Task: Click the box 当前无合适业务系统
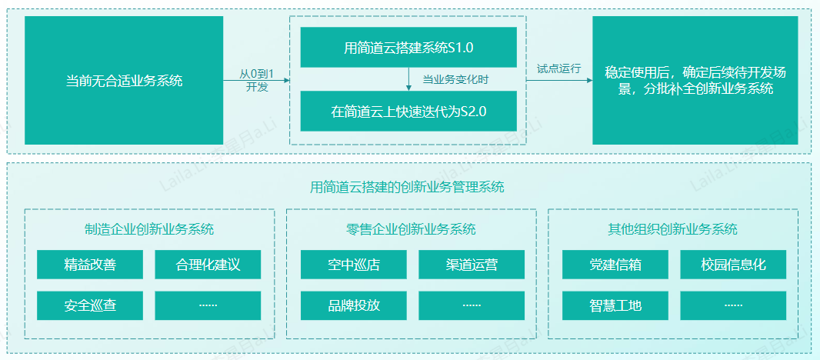(x=124, y=80)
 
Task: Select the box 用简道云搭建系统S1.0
(x=408, y=48)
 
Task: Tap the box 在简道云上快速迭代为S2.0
(x=408, y=111)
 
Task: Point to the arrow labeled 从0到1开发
(x=256, y=80)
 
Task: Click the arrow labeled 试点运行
(x=558, y=80)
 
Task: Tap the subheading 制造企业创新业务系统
(x=149, y=229)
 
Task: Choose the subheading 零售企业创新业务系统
(x=411, y=229)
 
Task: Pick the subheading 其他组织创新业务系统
(x=672, y=229)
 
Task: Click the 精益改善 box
(x=90, y=265)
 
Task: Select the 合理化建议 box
(x=208, y=265)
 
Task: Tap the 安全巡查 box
(x=90, y=305)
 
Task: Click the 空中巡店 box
(x=353, y=265)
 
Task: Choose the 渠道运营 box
(x=472, y=265)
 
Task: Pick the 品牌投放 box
(x=353, y=305)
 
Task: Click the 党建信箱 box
(x=615, y=265)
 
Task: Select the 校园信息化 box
(x=733, y=265)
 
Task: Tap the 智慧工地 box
(x=615, y=305)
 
